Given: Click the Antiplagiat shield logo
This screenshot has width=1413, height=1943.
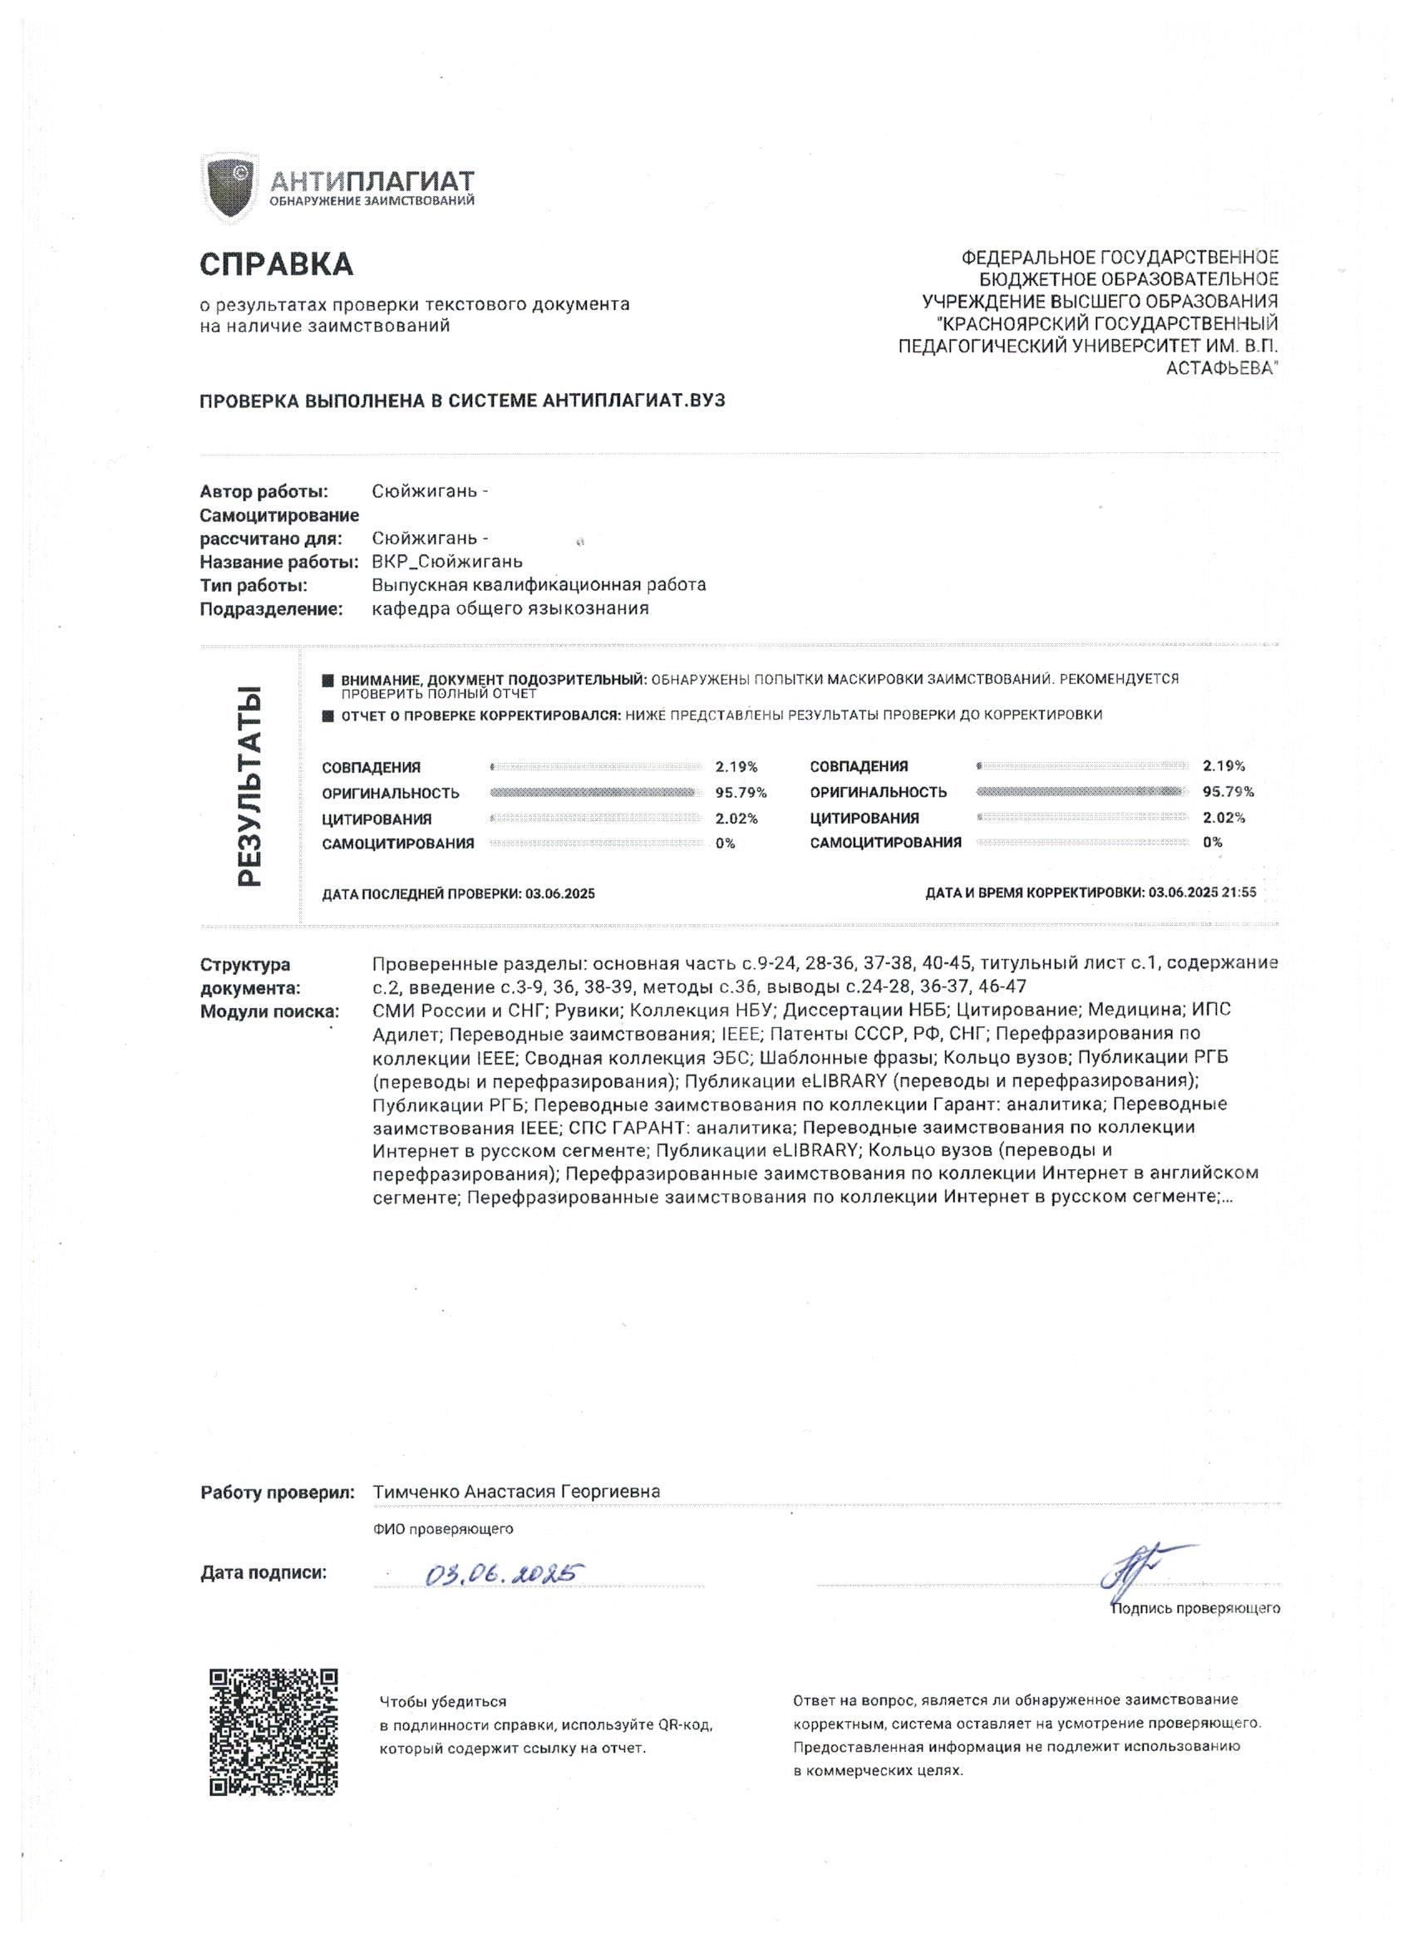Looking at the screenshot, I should (x=229, y=190).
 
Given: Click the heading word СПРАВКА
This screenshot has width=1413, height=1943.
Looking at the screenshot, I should (x=276, y=264).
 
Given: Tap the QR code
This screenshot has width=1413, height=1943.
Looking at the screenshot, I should (x=273, y=1731).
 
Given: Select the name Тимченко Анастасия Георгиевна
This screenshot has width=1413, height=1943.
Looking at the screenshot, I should (x=516, y=1492).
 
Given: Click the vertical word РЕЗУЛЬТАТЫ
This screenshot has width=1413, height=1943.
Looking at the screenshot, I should (x=249, y=785).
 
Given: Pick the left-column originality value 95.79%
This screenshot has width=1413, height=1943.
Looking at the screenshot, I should (x=741, y=793).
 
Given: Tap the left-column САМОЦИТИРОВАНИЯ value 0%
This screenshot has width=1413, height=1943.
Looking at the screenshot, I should (x=725, y=843).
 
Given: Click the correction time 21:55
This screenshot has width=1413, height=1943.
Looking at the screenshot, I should (x=1239, y=892).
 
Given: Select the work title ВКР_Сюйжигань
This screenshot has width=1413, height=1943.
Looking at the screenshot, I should (x=446, y=562).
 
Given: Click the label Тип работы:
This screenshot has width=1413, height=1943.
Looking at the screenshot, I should (x=254, y=585).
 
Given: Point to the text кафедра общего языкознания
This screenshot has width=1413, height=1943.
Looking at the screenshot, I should (x=510, y=608).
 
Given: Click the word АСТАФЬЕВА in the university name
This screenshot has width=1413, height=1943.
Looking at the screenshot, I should (x=1222, y=367).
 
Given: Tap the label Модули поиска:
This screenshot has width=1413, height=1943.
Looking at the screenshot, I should (x=270, y=1011).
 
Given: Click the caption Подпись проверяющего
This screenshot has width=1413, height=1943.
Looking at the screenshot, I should (x=1195, y=1608).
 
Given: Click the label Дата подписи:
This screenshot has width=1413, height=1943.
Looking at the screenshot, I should (x=263, y=1573).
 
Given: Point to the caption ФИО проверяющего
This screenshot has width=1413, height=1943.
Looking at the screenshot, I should (x=443, y=1528).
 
